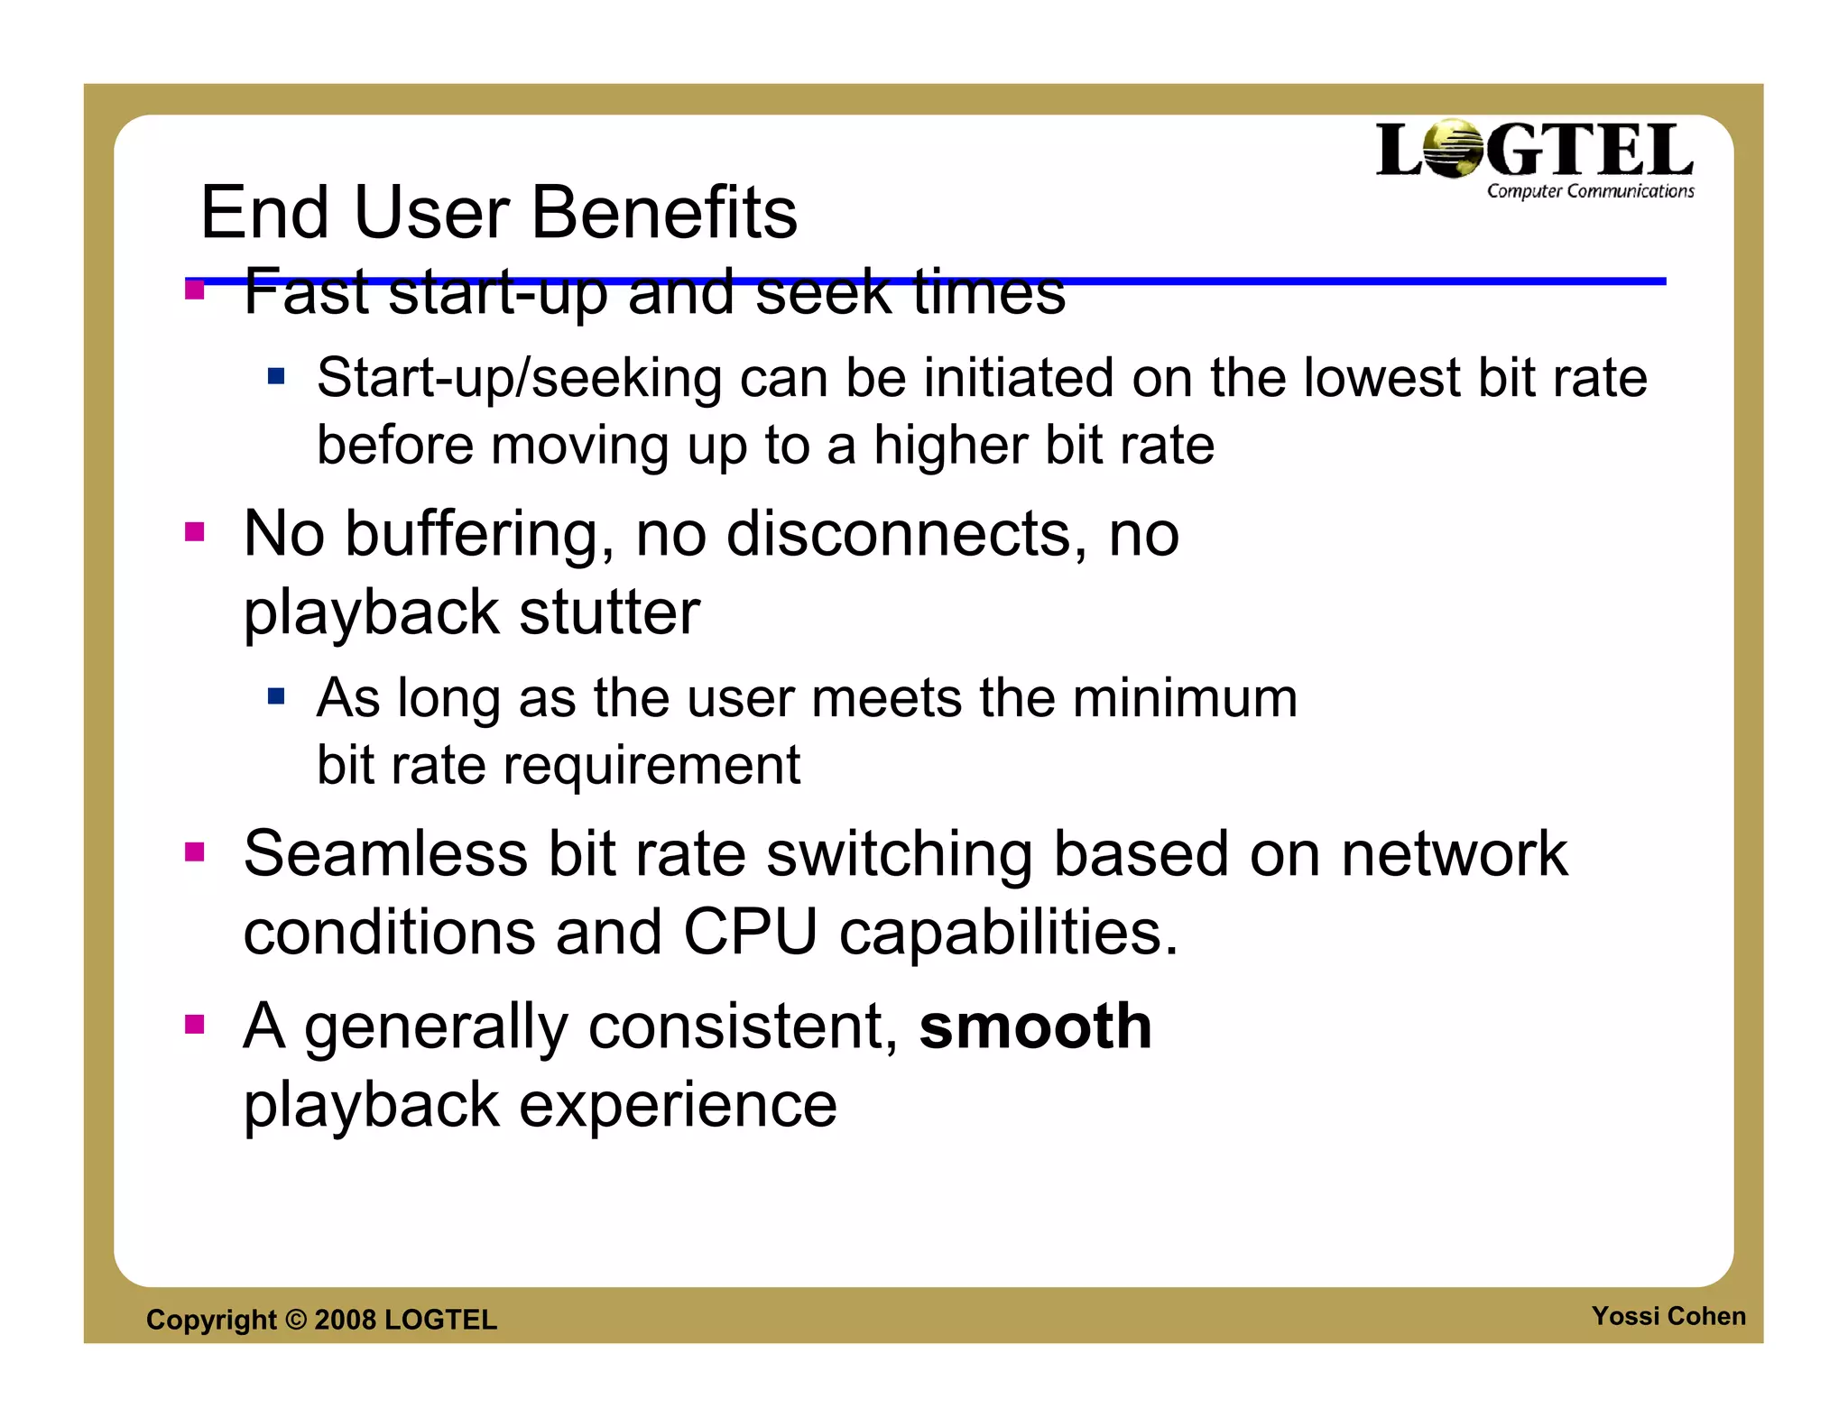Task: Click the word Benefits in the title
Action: (x=664, y=213)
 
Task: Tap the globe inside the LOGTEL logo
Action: (x=1454, y=150)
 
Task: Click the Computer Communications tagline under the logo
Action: (x=1590, y=191)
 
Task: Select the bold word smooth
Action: (x=1035, y=1027)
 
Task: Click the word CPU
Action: (x=750, y=932)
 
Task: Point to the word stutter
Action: (x=609, y=612)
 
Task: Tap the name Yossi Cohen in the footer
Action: (x=1668, y=1316)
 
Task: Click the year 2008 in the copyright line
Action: (x=345, y=1320)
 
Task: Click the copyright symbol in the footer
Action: (x=295, y=1320)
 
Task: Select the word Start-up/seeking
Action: (x=519, y=378)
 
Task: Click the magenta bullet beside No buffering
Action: (x=194, y=531)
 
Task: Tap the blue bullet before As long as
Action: (x=276, y=695)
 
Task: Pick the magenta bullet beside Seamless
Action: (x=194, y=852)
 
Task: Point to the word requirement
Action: (x=651, y=766)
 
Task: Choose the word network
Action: (x=1454, y=853)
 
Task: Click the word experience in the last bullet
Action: (x=678, y=1105)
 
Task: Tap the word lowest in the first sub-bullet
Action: (x=1380, y=378)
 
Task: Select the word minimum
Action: (x=1185, y=698)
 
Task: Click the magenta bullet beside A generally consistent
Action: (x=194, y=1024)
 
